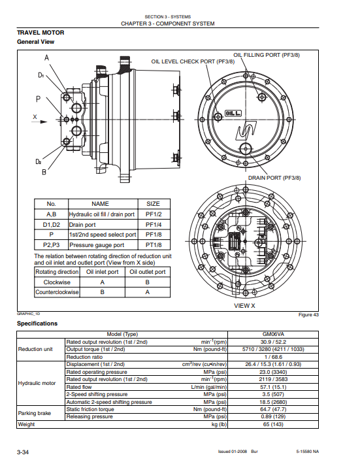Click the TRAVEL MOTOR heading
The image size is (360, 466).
click(x=41, y=33)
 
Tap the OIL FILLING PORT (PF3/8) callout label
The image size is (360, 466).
click(x=267, y=55)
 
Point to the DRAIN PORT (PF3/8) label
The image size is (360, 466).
click(x=274, y=178)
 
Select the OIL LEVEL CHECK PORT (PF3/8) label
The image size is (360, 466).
click(x=193, y=61)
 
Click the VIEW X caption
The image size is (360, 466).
click(x=244, y=305)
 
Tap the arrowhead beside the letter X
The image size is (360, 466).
click(x=44, y=122)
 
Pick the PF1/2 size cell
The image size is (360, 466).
click(x=154, y=214)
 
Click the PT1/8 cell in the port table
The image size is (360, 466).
click(x=154, y=245)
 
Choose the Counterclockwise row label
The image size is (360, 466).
click(x=57, y=292)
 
